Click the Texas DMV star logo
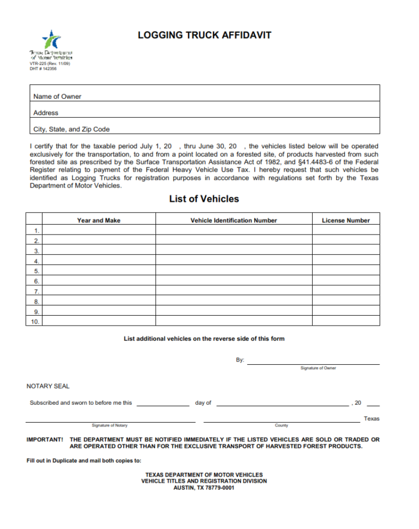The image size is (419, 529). click(x=52, y=40)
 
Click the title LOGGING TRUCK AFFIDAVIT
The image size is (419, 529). click(x=205, y=35)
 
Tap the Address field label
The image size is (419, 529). click(x=46, y=113)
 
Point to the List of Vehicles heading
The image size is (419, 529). click(x=204, y=199)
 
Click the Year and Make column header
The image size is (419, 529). click(x=99, y=220)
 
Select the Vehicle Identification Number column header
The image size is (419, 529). click(x=234, y=220)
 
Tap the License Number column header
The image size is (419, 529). click(x=346, y=220)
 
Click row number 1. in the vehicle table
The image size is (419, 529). click(x=36, y=231)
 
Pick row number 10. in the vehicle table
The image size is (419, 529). click(x=35, y=322)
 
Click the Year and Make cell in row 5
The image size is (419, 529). click(x=99, y=271)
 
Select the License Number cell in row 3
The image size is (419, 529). click(x=346, y=251)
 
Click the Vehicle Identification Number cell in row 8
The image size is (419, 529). click(x=234, y=302)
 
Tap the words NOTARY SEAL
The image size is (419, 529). click(x=48, y=386)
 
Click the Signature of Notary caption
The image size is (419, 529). click(x=110, y=425)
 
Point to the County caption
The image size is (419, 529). click(x=282, y=425)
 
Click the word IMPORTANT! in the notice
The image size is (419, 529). click(x=45, y=439)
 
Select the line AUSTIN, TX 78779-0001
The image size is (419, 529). click(x=204, y=488)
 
